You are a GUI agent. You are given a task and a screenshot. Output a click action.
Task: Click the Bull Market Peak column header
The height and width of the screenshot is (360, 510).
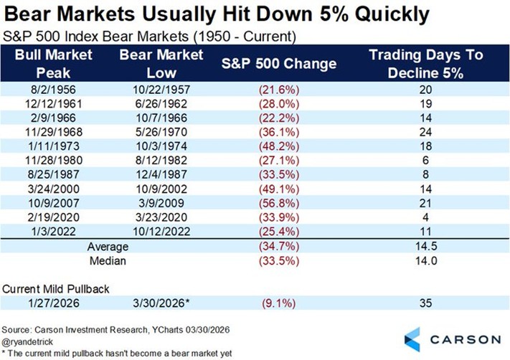[x=53, y=64]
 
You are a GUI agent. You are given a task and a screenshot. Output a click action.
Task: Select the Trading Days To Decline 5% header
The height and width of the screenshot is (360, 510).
[x=426, y=64]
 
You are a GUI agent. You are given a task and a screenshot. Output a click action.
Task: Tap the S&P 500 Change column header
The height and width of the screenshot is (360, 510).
[x=279, y=63]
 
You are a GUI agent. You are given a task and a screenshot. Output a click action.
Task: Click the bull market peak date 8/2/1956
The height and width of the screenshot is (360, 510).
[x=53, y=90]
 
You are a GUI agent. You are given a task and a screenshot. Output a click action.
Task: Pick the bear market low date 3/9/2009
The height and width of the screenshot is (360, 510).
[x=161, y=203]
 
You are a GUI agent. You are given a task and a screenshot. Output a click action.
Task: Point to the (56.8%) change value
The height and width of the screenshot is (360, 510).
[x=279, y=203]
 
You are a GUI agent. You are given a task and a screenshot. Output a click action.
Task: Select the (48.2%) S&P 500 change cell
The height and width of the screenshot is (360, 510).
[x=279, y=146]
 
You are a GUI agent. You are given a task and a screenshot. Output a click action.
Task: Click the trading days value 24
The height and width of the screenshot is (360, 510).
[x=425, y=132]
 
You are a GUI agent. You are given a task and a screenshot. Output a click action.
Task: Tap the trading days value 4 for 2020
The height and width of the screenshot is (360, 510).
[x=425, y=217]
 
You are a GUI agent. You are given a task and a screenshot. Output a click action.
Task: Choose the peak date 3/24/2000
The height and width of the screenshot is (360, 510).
[x=53, y=189]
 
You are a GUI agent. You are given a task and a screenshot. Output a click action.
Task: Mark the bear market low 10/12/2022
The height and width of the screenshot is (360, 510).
[x=161, y=231]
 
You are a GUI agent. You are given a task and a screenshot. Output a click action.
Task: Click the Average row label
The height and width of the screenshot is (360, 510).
[x=108, y=247]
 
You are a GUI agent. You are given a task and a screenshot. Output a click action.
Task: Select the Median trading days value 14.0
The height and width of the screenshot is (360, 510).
[x=426, y=260]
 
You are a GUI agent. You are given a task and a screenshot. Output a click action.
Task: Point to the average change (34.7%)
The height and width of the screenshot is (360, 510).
[x=279, y=246]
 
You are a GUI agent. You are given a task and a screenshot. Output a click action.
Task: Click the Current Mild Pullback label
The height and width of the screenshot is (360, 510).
[x=56, y=289]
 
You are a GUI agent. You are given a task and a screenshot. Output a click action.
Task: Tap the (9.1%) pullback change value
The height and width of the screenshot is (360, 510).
[x=279, y=303]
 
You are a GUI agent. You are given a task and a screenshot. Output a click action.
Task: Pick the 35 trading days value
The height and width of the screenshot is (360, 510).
[x=425, y=303]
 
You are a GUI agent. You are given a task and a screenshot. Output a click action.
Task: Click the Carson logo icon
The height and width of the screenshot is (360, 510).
[x=412, y=339]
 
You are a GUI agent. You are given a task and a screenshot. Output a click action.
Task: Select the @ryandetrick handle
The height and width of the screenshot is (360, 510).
[x=27, y=342]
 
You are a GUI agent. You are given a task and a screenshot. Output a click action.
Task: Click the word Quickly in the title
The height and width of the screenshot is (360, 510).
[x=392, y=14]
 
